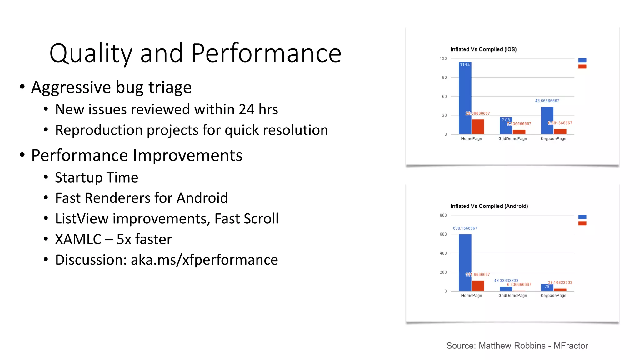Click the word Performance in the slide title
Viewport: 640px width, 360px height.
click(x=266, y=53)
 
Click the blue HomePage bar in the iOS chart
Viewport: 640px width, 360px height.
click(x=465, y=100)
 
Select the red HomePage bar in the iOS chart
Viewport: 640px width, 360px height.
click(x=478, y=127)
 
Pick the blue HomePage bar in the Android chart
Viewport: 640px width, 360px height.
click(x=465, y=262)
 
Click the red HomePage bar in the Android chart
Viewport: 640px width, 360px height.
click(x=478, y=286)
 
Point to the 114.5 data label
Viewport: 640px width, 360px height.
click(x=465, y=65)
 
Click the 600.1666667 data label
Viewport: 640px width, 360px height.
click(x=465, y=228)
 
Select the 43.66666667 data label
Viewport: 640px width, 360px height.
click(x=547, y=101)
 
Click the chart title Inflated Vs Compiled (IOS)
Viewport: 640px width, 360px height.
click(x=483, y=49)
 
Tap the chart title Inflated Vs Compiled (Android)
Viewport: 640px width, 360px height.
click(x=489, y=206)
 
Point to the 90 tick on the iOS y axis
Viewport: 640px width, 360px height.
click(x=444, y=77)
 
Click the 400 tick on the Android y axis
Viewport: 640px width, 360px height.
click(x=443, y=253)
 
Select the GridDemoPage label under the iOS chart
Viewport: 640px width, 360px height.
click(x=512, y=139)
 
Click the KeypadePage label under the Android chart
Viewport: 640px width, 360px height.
click(x=553, y=296)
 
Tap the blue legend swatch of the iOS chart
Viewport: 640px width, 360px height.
click(x=582, y=60)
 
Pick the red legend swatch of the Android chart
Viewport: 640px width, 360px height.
click(x=582, y=223)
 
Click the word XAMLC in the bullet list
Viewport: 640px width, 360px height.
click(x=78, y=240)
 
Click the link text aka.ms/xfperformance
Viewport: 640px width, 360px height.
click(x=204, y=260)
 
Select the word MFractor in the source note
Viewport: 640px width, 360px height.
click(x=571, y=346)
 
